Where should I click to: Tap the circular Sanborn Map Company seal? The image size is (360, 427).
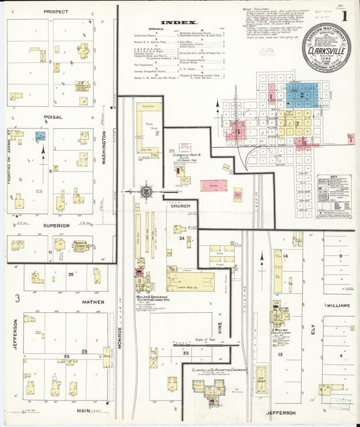[326, 46]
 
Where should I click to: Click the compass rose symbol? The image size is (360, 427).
[146, 192]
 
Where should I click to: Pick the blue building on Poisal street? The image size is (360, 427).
[41, 136]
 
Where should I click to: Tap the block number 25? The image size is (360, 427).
[71, 274]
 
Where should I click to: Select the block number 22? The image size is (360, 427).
[66, 355]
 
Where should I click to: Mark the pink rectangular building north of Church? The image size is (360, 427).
[212, 185]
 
